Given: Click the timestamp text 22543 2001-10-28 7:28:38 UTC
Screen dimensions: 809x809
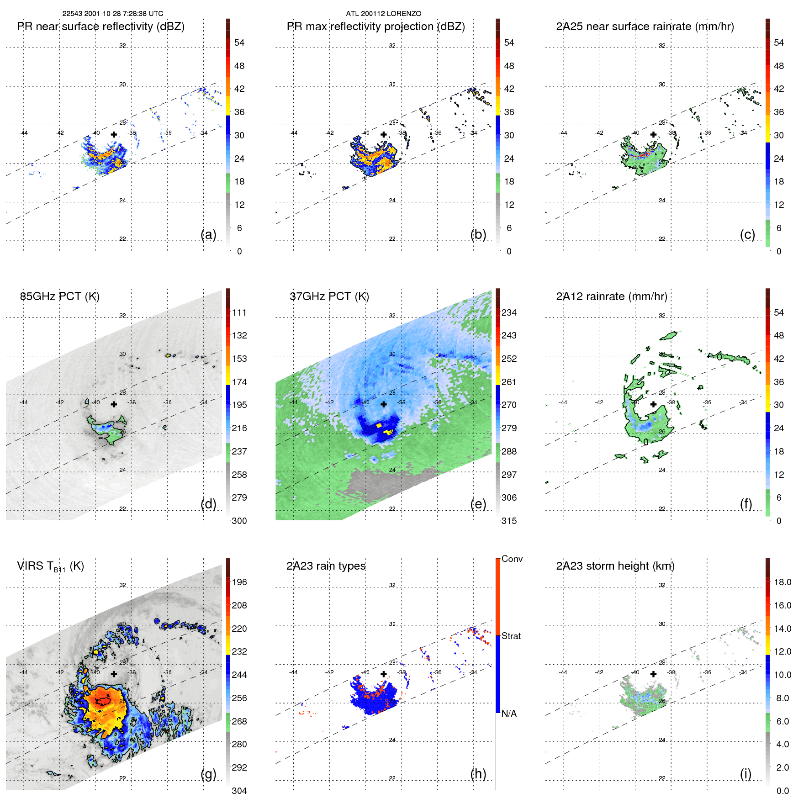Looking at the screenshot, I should pyautogui.click(x=112, y=14).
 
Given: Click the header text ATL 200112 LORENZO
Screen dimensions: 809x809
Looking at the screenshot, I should pyautogui.click(x=383, y=14).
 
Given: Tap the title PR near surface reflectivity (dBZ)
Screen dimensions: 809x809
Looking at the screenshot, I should pyautogui.click(x=100, y=26).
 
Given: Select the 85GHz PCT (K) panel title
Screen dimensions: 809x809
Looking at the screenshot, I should pyautogui.click(x=59, y=296).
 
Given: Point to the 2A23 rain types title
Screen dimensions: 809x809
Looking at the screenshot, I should pyautogui.click(x=326, y=566).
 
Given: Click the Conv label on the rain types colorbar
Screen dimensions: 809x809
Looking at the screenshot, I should pyautogui.click(x=512, y=559).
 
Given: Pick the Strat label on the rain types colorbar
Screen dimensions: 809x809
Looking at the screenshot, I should pyautogui.click(x=511, y=636).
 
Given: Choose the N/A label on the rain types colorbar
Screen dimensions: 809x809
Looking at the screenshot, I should pyautogui.click(x=509, y=714).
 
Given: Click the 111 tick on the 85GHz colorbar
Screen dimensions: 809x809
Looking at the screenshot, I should pyautogui.click(x=239, y=312).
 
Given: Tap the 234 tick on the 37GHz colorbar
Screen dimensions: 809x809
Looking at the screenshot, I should pyautogui.click(x=509, y=312).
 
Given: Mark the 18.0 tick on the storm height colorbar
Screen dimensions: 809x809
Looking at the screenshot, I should pyautogui.click(x=782, y=582).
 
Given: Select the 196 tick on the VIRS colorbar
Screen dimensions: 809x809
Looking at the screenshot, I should pyautogui.click(x=239, y=582).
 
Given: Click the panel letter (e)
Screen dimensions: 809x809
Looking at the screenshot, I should pyautogui.click(x=478, y=504).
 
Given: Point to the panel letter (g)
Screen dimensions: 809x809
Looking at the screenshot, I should pyautogui.click(x=208, y=774).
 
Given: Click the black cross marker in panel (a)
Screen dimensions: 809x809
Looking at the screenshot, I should pyautogui.click(x=114, y=134).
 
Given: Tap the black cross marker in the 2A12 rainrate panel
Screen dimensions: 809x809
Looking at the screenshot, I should pyautogui.click(x=653, y=404).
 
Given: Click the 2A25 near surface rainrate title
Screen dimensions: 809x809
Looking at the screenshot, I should pyautogui.click(x=645, y=26).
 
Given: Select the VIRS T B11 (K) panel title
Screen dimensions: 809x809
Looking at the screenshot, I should pyautogui.click(x=50, y=566).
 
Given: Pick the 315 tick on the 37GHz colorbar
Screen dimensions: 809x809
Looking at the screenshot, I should pyautogui.click(x=509, y=521).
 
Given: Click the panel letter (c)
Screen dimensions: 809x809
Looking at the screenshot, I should pyautogui.click(x=747, y=234).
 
